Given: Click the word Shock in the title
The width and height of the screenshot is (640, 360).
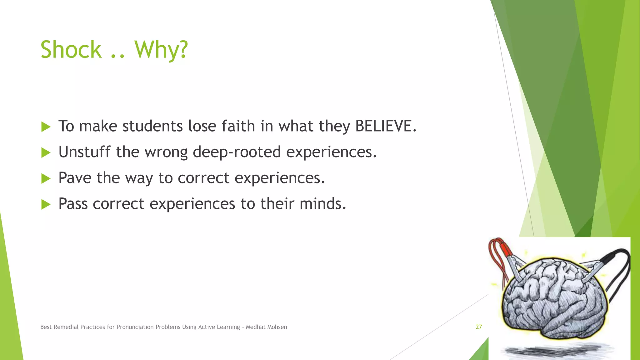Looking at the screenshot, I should pos(71,50).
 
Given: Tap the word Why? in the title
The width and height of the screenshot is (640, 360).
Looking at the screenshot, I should pos(161,50).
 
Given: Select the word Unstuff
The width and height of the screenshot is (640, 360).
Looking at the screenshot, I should pos(84,152).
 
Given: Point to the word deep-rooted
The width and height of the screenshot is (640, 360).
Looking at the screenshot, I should pos(237,152).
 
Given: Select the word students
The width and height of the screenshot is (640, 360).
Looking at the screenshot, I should pos(152,126).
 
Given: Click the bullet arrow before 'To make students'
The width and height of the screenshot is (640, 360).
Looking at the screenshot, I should pos(46,127).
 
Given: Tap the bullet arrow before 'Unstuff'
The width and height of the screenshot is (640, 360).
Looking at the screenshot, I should pos(46,153).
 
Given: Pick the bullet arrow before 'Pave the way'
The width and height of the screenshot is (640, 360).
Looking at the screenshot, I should pos(46,179).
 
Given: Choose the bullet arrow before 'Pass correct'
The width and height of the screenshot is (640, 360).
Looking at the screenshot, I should pos(46,205).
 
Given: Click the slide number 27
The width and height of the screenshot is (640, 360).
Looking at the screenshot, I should pos(479,327).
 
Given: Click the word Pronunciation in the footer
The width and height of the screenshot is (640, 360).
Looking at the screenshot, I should pos(135,327).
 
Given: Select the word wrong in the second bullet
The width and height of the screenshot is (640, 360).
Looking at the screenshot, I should pos(166,152).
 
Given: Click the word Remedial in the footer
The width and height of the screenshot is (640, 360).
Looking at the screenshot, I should pos(66,327).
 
